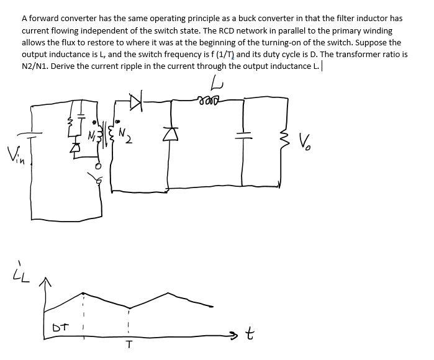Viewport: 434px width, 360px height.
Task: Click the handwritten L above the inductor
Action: [x=215, y=82]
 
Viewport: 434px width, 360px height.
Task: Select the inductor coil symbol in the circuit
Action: [x=209, y=99]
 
